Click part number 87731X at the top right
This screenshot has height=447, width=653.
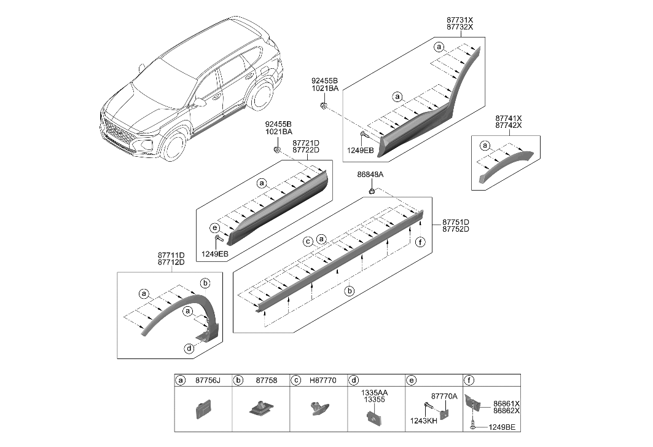pos(464,20)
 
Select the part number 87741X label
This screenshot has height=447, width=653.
pos(508,117)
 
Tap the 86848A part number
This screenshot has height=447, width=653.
pos(370,175)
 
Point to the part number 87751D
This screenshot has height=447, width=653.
pos(455,222)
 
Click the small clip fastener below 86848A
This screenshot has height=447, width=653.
pos(372,192)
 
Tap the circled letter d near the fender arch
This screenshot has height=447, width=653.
pos(190,349)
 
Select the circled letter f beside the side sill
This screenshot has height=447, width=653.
pos(419,242)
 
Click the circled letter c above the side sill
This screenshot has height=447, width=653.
pos(308,242)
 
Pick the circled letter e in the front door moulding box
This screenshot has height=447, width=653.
pos(214,227)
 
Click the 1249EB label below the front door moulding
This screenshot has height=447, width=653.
pos(214,253)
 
